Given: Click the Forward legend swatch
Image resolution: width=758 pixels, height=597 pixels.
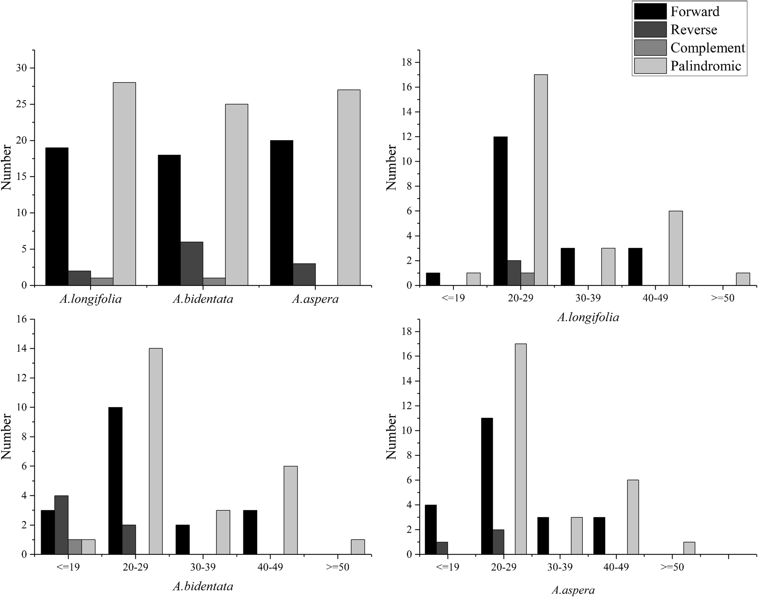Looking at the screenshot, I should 650,11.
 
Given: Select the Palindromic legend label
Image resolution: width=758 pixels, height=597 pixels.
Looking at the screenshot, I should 706,66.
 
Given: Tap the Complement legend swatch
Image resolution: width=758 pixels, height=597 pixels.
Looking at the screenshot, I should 650,48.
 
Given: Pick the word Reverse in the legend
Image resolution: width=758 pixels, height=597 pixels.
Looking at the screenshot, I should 694,30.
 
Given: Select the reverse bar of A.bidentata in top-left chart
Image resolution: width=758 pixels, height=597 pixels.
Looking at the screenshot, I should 192,264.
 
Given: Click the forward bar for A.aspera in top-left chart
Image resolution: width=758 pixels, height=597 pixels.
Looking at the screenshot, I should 281,213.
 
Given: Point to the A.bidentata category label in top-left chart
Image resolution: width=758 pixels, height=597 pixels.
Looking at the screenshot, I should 203,299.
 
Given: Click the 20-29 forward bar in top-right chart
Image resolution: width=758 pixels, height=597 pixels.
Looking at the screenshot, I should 500,211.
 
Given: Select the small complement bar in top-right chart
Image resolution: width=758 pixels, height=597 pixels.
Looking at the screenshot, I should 527,279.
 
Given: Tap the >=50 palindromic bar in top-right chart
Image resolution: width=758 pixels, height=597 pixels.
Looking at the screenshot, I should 743,279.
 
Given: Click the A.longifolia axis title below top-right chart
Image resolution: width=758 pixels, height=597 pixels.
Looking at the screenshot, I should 588,318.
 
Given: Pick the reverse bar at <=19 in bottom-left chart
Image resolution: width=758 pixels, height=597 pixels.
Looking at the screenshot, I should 61,525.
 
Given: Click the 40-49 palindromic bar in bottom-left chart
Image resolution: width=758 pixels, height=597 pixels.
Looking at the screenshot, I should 290,510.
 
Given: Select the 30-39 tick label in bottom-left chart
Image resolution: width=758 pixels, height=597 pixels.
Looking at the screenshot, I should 203,567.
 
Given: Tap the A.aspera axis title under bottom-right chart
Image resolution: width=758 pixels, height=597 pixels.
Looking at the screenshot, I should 573,590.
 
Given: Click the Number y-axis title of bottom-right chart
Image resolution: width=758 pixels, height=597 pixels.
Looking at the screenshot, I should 391,437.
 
